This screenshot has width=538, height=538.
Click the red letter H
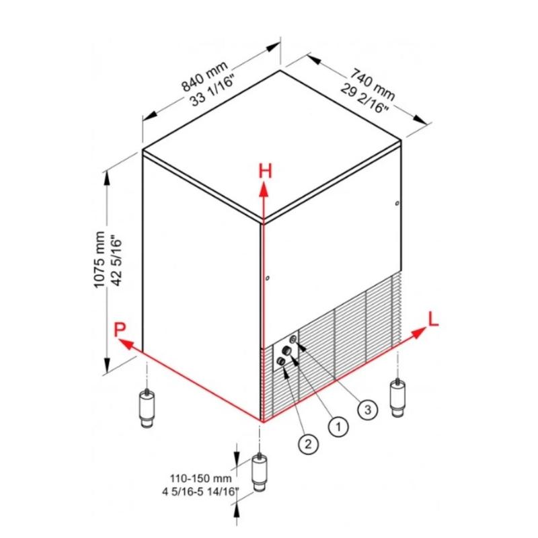point(265,171)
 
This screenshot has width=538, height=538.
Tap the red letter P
point(120,330)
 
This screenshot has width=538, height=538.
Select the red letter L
point(433,319)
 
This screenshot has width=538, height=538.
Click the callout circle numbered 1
point(338,427)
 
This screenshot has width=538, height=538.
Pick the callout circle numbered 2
point(309,445)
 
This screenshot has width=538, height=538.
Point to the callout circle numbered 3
point(367,410)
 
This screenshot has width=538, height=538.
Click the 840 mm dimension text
point(204,77)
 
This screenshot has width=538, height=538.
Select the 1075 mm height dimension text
point(99,260)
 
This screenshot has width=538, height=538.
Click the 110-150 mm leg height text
point(200,477)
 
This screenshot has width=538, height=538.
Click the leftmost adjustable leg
point(147,408)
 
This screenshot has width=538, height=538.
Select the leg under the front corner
point(260,473)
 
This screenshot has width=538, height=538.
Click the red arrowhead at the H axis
point(264,189)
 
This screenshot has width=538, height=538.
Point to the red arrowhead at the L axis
point(418,333)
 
